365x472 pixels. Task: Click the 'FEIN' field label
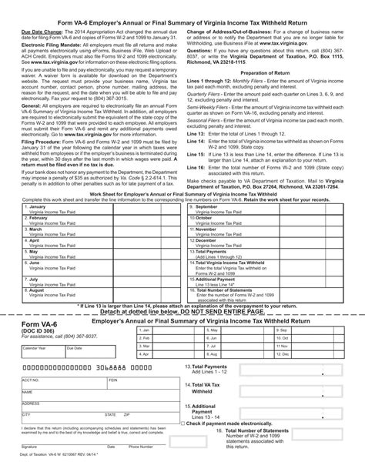(112, 380)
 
